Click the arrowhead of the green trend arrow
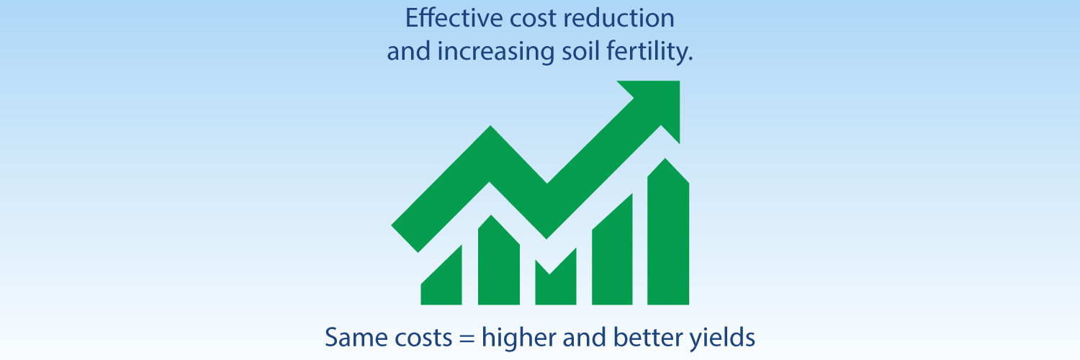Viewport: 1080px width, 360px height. (657, 104)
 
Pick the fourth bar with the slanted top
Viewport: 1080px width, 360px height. (613, 256)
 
